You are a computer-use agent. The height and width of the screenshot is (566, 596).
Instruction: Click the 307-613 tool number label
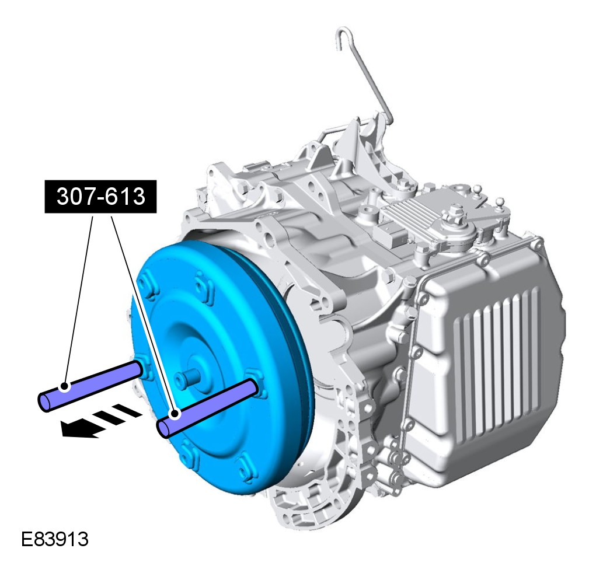(101, 197)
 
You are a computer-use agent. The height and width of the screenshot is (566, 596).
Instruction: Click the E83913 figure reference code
(55, 539)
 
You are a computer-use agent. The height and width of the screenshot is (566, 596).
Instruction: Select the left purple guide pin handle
(91, 386)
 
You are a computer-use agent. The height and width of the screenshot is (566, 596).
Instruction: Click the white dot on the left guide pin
(65, 387)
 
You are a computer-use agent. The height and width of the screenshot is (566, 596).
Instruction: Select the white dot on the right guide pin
(175, 414)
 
